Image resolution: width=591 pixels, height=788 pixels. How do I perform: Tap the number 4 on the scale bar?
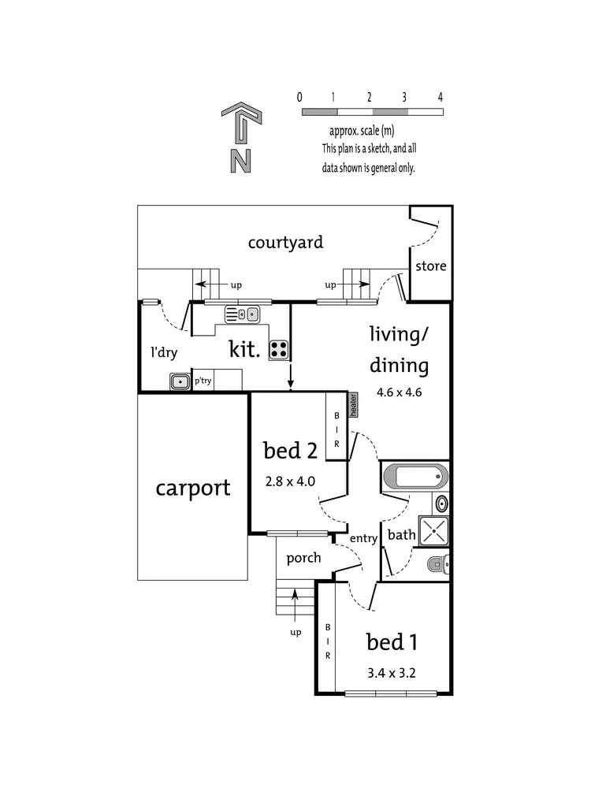click(440, 97)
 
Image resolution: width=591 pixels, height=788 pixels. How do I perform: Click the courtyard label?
click(285, 242)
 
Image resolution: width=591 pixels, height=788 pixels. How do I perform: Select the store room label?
click(431, 266)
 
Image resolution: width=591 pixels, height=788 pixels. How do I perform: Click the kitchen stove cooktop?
click(278, 349)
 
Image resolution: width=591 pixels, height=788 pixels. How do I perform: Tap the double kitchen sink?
click(243, 314)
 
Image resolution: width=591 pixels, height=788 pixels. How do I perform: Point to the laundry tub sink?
click(181, 381)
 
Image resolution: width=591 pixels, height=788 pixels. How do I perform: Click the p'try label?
click(203, 381)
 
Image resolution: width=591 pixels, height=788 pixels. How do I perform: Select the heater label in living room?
click(354, 404)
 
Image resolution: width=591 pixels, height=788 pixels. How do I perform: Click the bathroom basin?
click(442, 504)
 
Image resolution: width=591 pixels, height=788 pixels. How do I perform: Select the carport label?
click(193, 488)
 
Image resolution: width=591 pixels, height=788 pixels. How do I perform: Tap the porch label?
click(303, 558)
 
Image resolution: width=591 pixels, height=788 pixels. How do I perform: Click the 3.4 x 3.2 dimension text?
click(391, 674)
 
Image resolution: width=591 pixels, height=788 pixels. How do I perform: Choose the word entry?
click(365, 538)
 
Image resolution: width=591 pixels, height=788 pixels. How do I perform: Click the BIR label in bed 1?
click(326, 642)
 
